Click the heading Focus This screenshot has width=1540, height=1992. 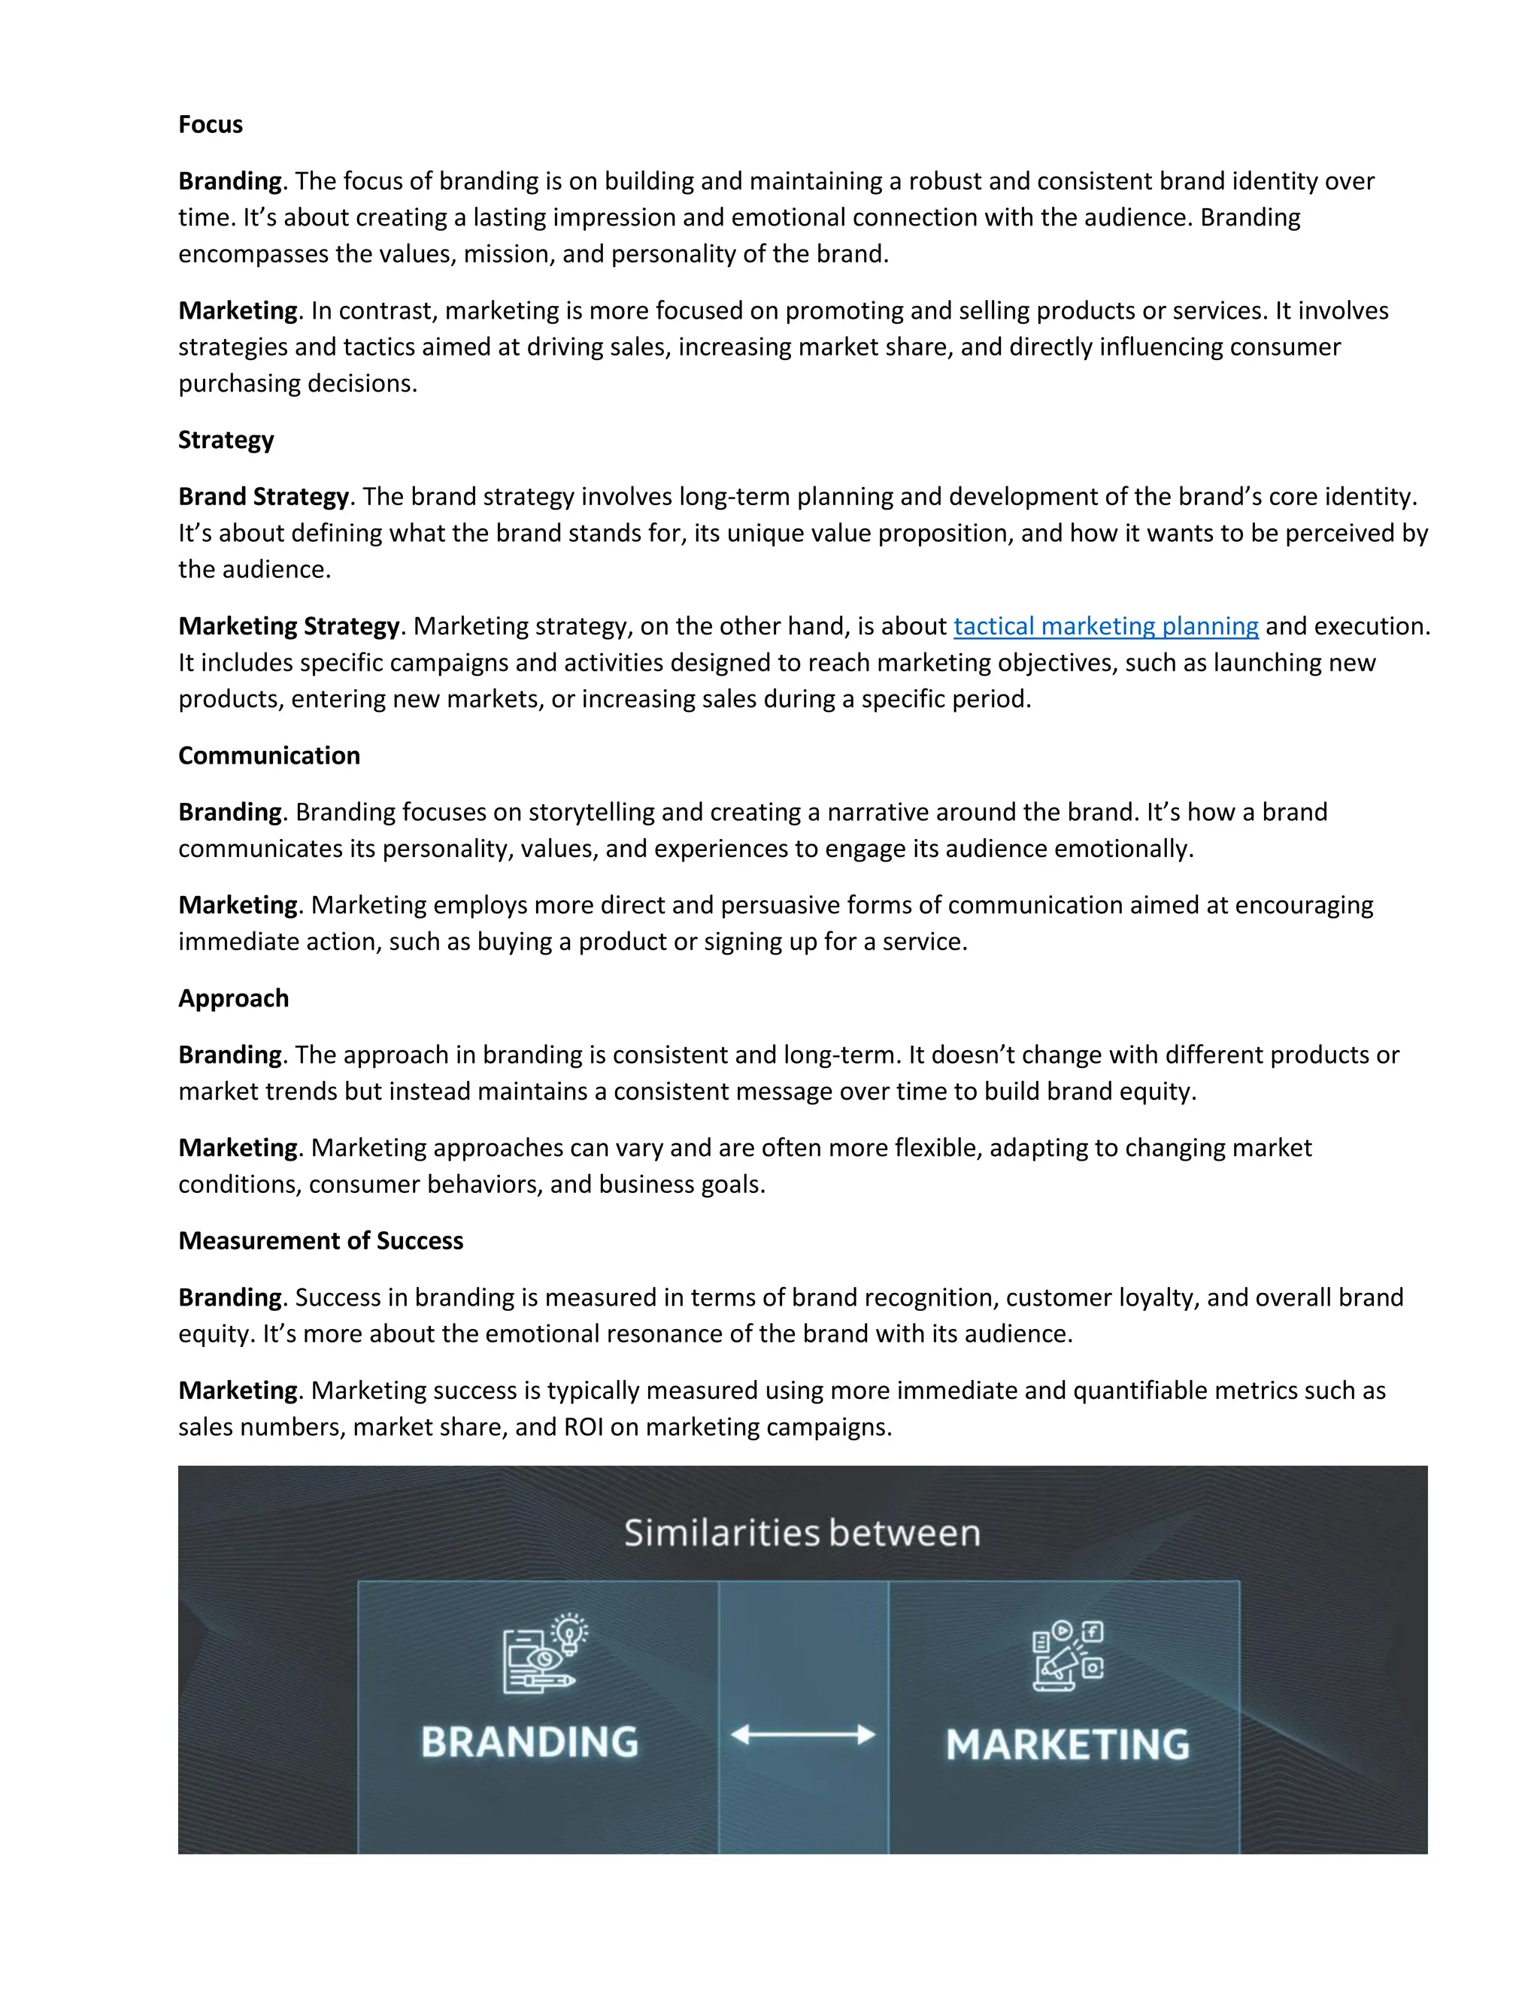coord(210,124)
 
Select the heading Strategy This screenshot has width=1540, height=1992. coord(226,440)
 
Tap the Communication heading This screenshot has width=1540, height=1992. coord(269,755)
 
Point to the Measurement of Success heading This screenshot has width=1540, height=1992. coord(320,1240)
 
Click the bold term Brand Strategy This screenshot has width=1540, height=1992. coord(262,496)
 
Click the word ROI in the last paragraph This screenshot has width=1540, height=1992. coord(583,1427)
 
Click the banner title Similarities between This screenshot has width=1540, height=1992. coord(802,1533)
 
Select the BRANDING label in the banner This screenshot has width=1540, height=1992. coord(529,1742)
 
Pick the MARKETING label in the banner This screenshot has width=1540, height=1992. coord(1068,1745)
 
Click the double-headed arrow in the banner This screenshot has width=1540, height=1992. coord(803,1735)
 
